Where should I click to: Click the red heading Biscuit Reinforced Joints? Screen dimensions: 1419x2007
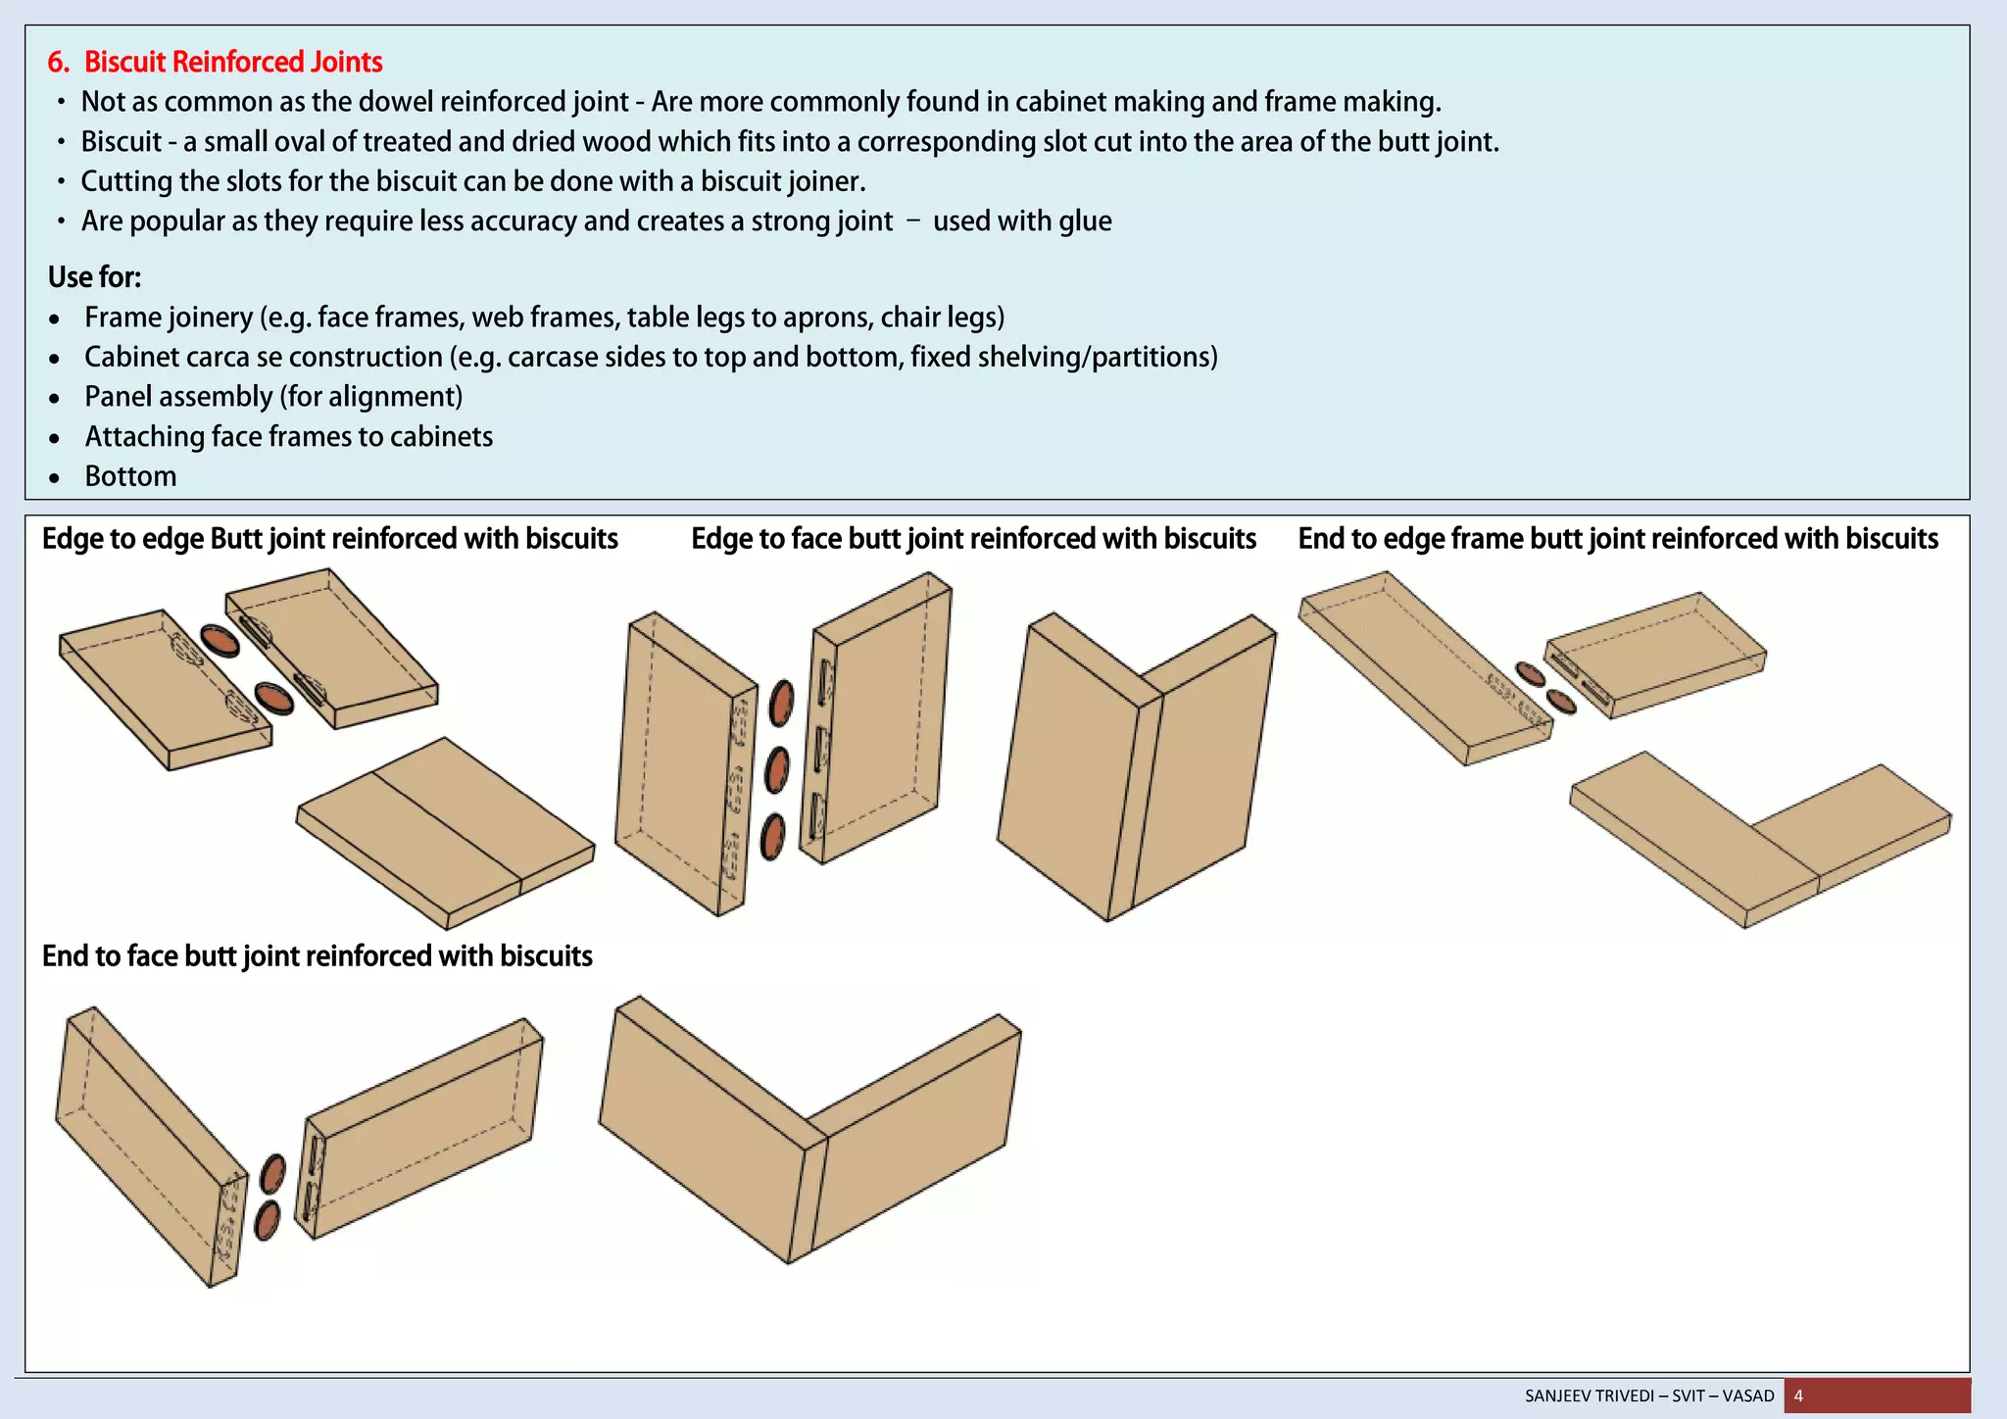click(x=233, y=62)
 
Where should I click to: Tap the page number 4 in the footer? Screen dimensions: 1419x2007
click(x=1798, y=1395)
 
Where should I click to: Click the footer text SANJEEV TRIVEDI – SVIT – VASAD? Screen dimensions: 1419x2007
click(x=1649, y=1395)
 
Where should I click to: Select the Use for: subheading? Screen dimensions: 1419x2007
click(x=94, y=277)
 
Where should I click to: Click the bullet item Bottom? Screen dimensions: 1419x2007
click(x=130, y=476)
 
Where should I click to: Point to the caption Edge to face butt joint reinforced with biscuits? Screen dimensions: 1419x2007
click(x=973, y=539)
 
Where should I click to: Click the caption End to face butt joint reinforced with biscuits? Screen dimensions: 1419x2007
click(x=317, y=955)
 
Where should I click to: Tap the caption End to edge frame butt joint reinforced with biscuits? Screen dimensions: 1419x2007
click(x=1618, y=539)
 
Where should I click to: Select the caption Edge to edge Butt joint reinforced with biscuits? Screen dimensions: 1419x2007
click(x=329, y=539)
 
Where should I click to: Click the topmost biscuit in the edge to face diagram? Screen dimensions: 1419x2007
click(x=781, y=703)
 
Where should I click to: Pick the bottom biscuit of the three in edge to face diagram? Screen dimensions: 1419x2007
click(x=773, y=838)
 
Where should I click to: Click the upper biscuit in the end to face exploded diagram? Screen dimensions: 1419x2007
click(x=273, y=1173)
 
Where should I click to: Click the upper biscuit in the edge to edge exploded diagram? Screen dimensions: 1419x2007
click(x=220, y=640)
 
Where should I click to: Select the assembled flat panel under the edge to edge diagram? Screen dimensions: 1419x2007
click(x=446, y=833)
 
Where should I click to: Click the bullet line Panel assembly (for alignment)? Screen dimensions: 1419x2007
click(x=273, y=397)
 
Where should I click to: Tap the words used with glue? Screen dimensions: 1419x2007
click(x=1021, y=221)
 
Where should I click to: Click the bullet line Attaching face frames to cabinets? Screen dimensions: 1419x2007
click(x=288, y=436)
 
